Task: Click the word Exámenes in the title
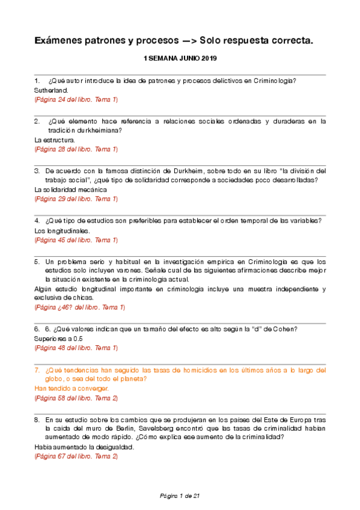(61, 40)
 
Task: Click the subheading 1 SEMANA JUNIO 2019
(180, 59)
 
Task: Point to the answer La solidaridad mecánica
(67, 189)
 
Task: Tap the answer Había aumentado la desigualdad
(84, 447)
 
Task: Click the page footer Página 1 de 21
(180, 496)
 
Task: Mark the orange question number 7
(37, 370)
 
